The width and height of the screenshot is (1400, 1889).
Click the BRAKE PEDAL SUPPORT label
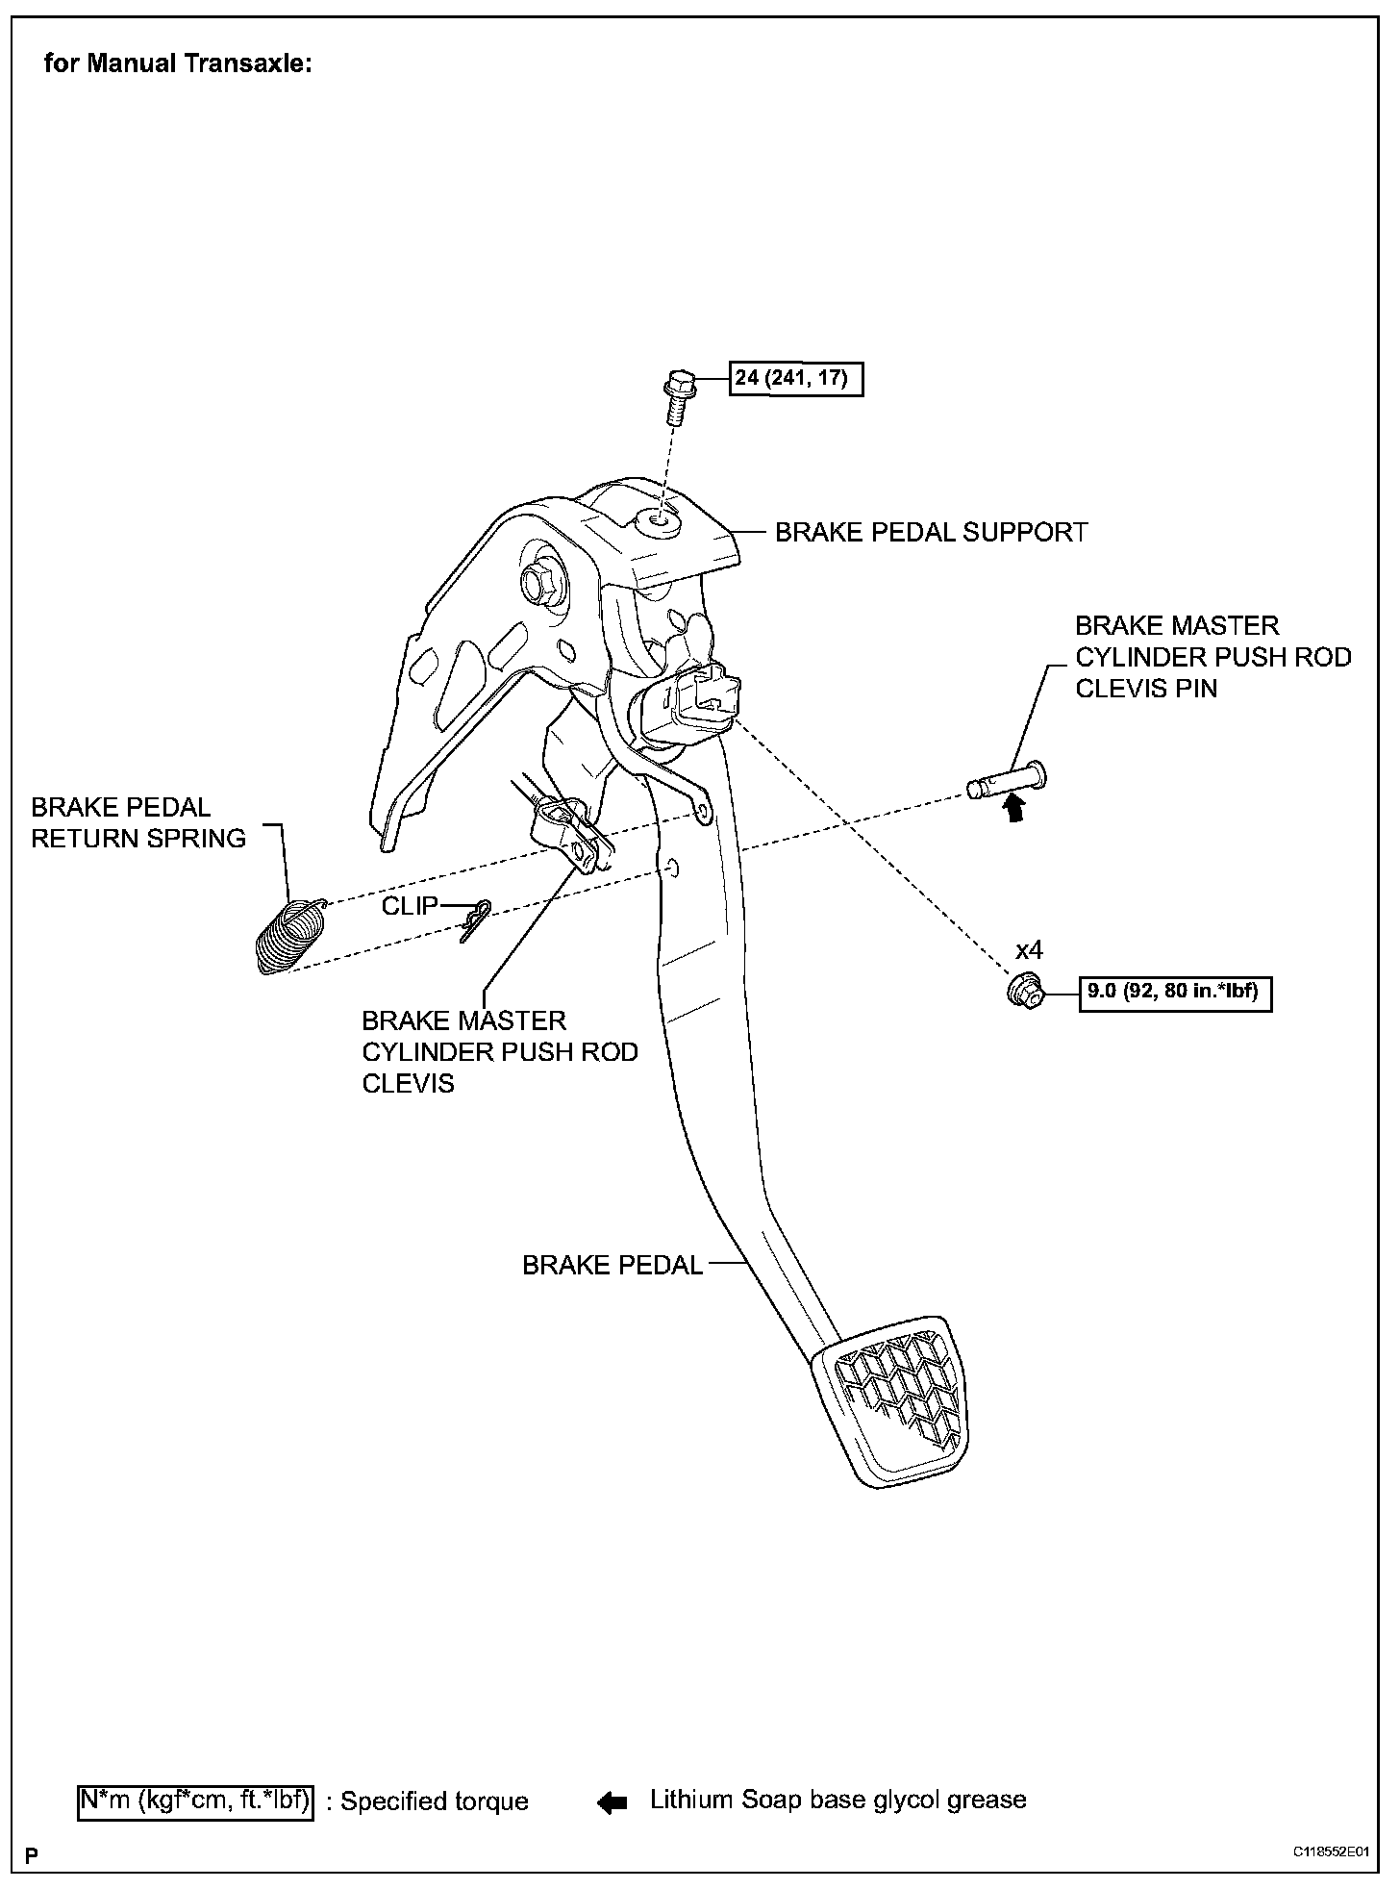(931, 533)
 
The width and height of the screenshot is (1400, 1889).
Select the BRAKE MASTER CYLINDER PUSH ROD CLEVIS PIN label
(1212, 657)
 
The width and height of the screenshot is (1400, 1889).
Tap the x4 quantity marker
(1029, 950)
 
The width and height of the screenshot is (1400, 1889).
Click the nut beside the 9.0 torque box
(1025, 991)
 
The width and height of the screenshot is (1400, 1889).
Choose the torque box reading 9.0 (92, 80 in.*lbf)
(1174, 992)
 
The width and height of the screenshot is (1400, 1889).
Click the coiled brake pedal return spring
(289, 936)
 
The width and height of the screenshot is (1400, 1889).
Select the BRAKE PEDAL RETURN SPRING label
(138, 822)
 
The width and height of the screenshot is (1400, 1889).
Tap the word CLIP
(410, 906)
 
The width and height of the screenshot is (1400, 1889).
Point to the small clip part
(475, 921)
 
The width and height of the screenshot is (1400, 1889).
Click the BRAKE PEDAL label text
(612, 1265)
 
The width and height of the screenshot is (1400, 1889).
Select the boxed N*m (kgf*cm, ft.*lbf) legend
(195, 1801)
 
